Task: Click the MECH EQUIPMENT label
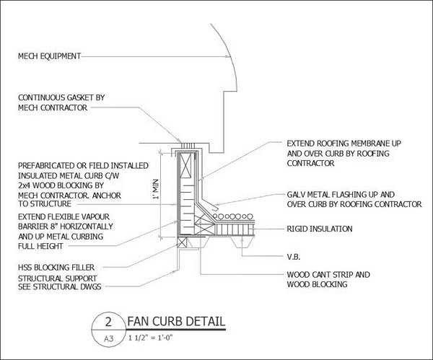click(x=49, y=56)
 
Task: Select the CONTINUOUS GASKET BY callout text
click(x=61, y=97)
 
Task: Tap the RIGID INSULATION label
click(x=320, y=229)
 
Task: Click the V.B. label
click(x=294, y=257)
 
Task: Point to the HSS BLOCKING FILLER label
click(x=56, y=267)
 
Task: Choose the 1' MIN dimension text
click(x=156, y=190)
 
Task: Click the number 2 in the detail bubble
click(x=108, y=322)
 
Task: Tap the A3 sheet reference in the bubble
click(x=108, y=338)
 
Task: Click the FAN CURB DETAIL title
click(x=176, y=322)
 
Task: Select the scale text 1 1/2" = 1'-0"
click(x=151, y=338)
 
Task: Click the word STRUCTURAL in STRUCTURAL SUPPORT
click(x=38, y=278)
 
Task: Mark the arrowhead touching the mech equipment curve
click(x=227, y=56)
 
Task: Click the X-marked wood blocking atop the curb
click(x=185, y=165)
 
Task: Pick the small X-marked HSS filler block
click(x=182, y=242)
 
